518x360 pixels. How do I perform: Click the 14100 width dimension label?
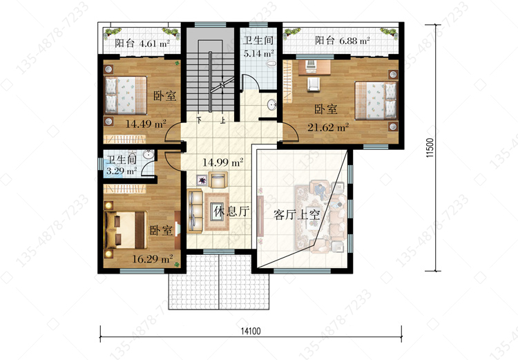251,331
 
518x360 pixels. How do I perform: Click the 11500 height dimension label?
430,147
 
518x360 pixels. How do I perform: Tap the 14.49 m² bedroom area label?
146,124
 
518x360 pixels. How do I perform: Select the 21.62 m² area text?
328,127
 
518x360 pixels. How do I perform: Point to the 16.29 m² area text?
153,259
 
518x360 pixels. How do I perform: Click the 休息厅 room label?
231,211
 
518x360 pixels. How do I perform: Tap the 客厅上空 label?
297,215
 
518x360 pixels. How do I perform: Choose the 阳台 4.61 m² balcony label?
142,44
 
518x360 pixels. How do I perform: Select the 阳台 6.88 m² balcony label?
343,40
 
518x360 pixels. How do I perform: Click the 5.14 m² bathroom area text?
259,53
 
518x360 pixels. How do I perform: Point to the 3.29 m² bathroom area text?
122,171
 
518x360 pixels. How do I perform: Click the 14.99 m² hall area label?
223,162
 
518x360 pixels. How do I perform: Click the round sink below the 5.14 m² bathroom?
273,104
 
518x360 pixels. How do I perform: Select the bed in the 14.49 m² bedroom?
126,95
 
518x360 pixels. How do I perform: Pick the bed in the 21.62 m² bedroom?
376,100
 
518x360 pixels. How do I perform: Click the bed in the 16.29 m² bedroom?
126,230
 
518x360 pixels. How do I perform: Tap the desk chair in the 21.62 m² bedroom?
313,84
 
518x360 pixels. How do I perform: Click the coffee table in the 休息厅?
217,211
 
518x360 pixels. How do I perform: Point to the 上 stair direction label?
223,120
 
